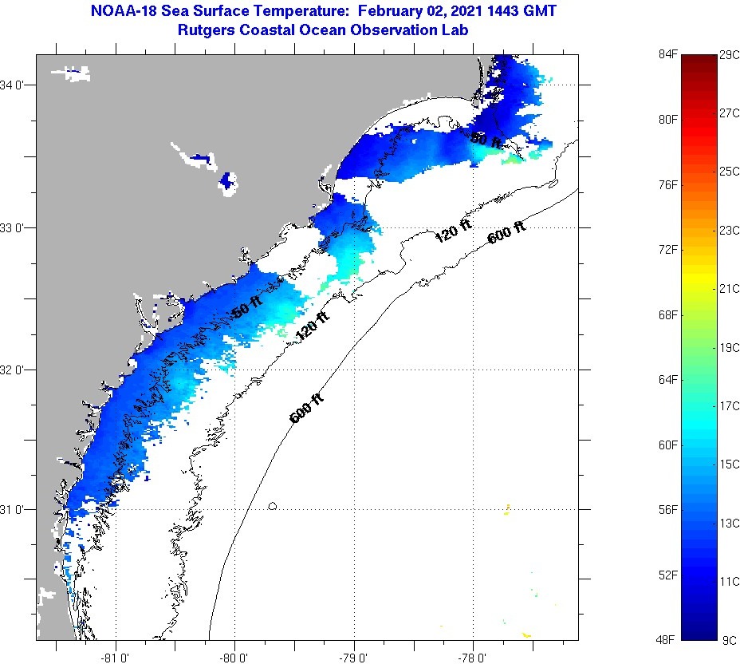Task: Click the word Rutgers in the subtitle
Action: pos(207,30)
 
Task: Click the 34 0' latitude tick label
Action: pos(17,85)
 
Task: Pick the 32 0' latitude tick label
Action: pos(17,370)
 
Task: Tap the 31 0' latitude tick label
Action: pos(17,509)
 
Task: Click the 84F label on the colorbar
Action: pos(667,54)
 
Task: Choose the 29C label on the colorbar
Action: pos(729,54)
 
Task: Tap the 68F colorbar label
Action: pos(667,315)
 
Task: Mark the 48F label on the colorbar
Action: pos(667,640)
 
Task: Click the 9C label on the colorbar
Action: pos(727,640)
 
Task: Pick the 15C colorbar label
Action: pos(729,464)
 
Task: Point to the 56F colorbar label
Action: pos(667,510)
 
